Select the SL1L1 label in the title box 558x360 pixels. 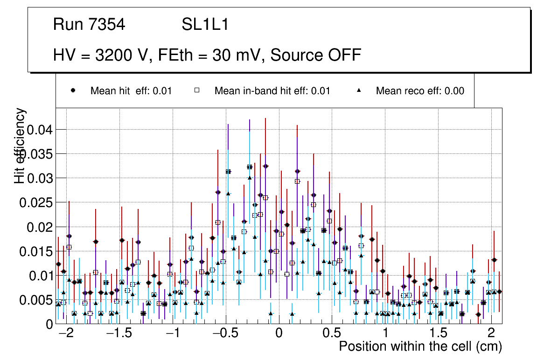pos(205,25)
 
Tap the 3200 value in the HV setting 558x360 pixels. pos(112,55)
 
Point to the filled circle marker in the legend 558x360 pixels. pos(73,91)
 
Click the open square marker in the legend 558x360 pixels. pos(197,91)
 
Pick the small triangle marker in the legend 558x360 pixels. pos(359,91)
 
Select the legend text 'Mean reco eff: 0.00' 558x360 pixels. pos(420,91)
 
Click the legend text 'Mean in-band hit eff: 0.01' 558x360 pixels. pos(272,91)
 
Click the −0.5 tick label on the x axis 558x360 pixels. pos(222,334)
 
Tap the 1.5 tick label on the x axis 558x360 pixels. pos(438,334)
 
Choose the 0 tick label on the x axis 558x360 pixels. pos(279,334)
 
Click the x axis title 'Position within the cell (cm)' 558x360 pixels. pos(420,347)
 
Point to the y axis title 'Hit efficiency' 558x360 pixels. pos(20,145)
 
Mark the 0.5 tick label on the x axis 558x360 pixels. pos(332,334)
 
